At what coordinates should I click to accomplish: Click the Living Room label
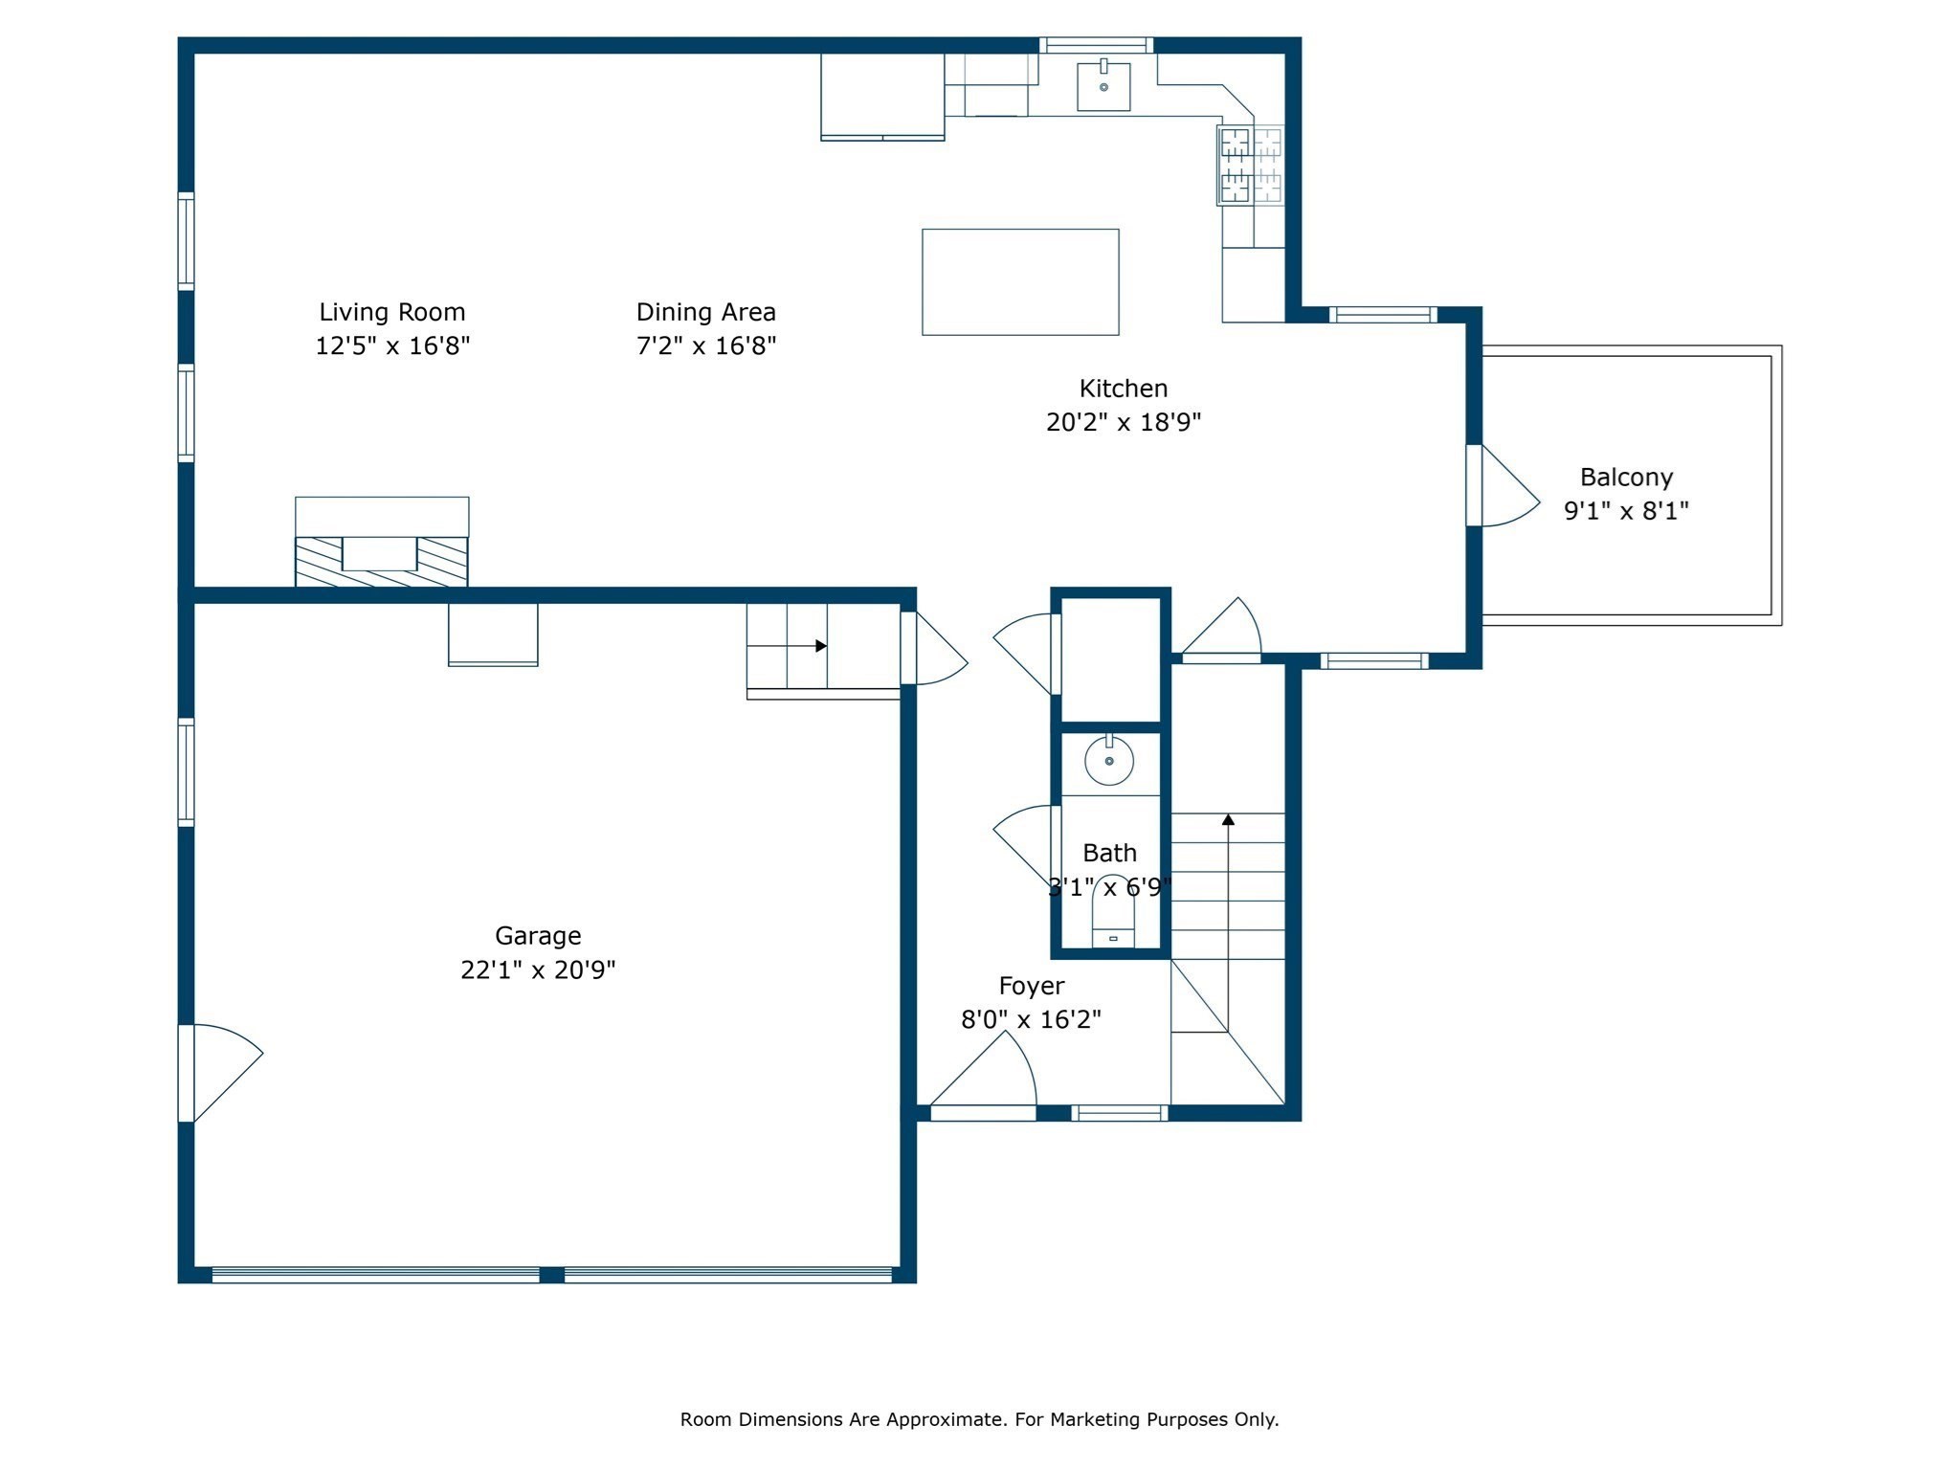tap(392, 312)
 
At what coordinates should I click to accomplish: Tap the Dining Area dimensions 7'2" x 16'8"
tap(706, 345)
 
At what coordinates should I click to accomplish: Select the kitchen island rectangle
tap(1020, 282)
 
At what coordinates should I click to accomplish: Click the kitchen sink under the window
tap(1103, 86)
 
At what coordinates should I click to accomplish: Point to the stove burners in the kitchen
tap(1251, 166)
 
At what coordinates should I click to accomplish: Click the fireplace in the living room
tap(382, 542)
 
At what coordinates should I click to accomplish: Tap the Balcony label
tap(1626, 477)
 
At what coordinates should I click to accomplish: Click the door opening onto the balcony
tap(1503, 485)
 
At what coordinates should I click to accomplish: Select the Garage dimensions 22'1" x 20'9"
tap(538, 969)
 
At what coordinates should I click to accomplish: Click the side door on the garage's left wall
tap(220, 1073)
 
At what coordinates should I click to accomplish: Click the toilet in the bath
tap(1113, 913)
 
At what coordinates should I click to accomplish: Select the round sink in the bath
tap(1109, 761)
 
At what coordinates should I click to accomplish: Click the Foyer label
tap(1032, 986)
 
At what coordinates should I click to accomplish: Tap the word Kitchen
tap(1124, 389)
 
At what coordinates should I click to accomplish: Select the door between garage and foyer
tap(934, 648)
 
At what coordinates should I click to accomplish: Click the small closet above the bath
tap(1110, 659)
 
